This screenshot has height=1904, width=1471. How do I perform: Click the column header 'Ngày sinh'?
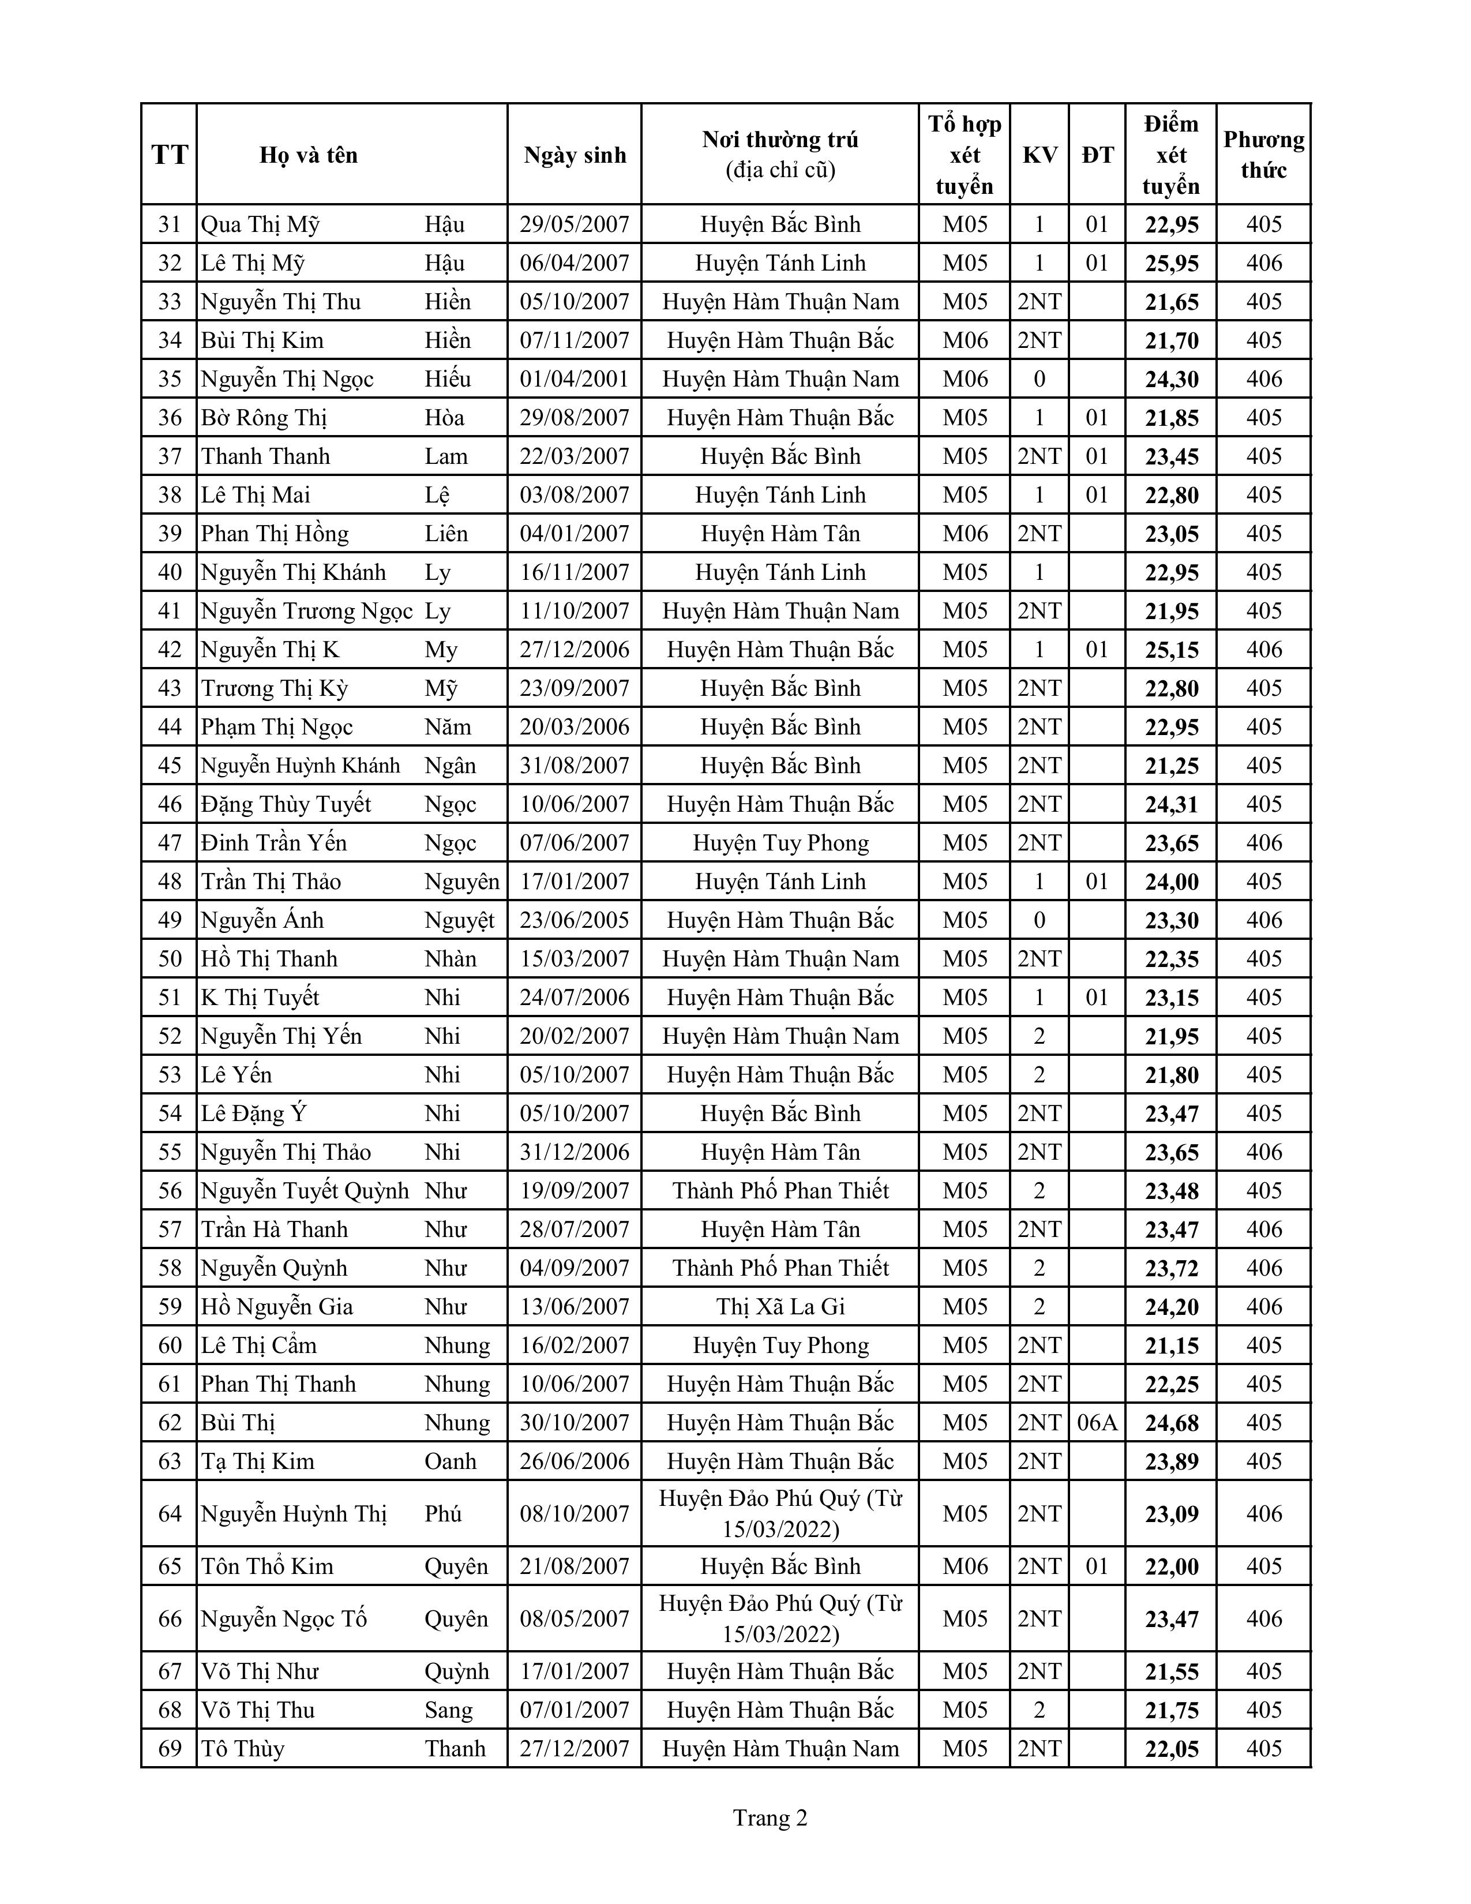click(x=575, y=155)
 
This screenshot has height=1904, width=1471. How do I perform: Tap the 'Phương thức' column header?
click(x=1263, y=155)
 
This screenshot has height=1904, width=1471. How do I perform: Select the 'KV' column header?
click(x=1039, y=155)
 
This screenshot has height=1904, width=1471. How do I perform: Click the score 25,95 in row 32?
click(x=1171, y=263)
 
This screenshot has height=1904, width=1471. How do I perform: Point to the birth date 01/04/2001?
click(x=575, y=379)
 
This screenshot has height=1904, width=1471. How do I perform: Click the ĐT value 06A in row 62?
click(x=1096, y=1423)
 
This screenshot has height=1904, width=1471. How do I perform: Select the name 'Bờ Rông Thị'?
click(x=264, y=418)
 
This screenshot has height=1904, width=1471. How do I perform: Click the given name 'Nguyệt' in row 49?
click(x=459, y=921)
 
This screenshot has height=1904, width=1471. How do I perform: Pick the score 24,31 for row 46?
click(x=1171, y=805)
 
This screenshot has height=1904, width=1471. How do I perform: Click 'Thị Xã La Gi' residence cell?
click(x=780, y=1307)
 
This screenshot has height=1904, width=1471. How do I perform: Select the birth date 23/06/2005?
click(x=575, y=921)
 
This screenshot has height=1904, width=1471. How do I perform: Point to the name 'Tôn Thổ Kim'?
click(x=268, y=1566)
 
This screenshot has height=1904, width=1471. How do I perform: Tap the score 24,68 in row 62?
click(x=1171, y=1423)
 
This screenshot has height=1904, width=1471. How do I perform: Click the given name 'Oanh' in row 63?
click(x=451, y=1461)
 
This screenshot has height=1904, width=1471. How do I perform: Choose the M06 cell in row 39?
click(x=965, y=534)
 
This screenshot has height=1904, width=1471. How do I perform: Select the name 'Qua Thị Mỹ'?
click(x=261, y=225)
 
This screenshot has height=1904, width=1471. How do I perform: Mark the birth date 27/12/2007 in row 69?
click(x=575, y=1749)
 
